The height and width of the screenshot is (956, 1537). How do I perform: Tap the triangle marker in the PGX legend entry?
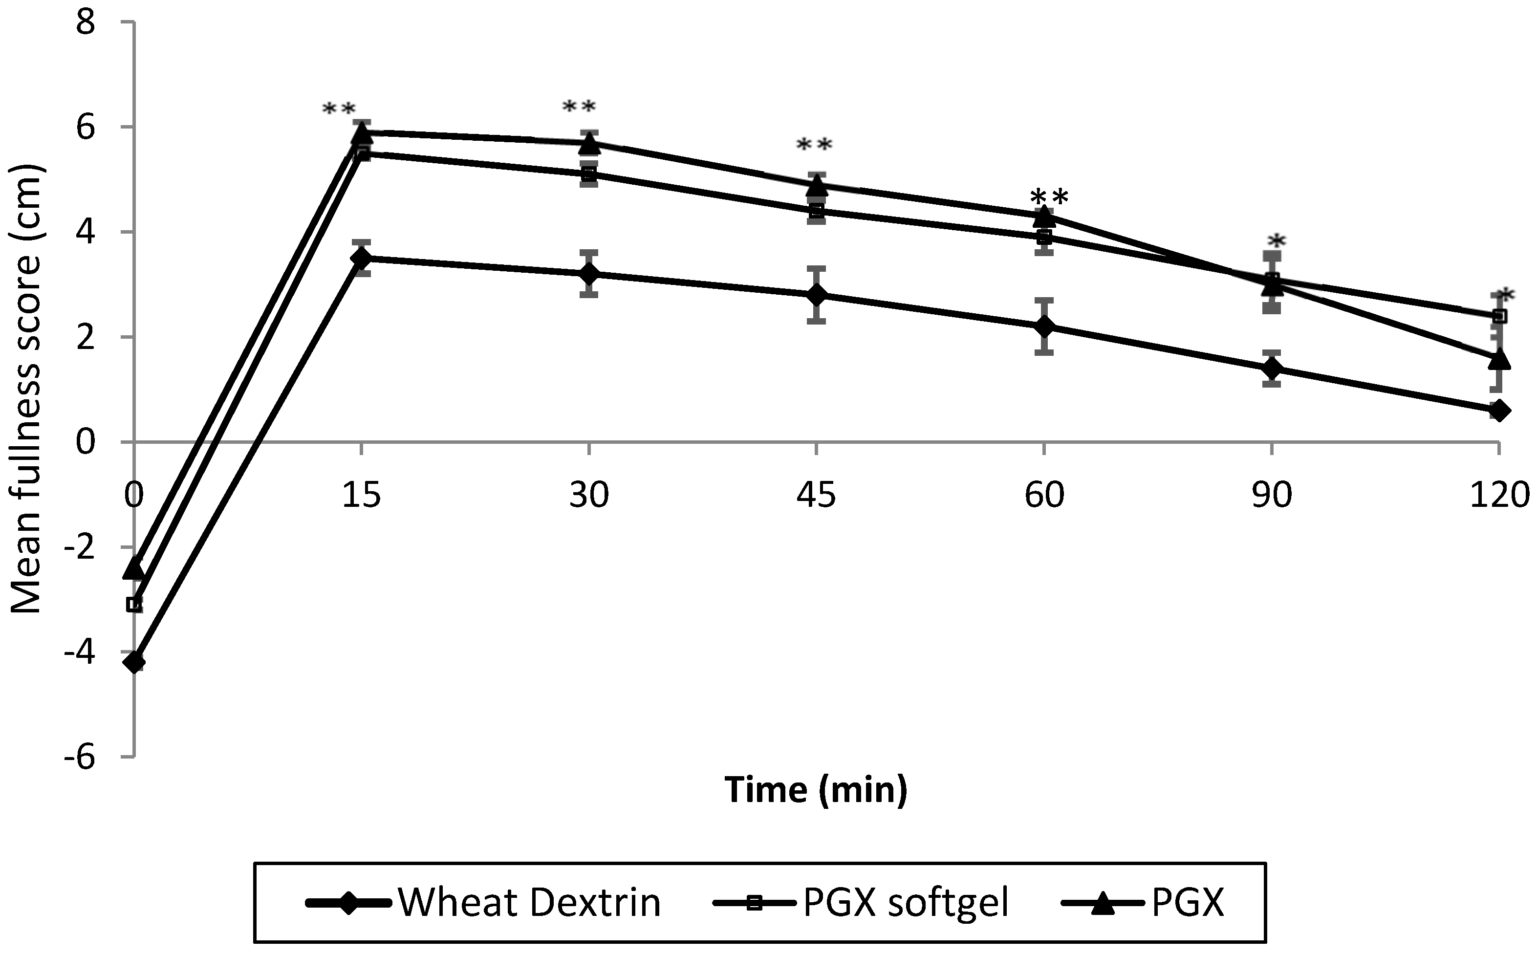[1104, 902]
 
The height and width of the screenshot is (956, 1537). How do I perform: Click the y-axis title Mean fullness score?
[26, 389]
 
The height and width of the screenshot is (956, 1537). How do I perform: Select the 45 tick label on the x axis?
[816, 495]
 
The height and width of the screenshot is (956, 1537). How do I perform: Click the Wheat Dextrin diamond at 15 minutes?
[362, 258]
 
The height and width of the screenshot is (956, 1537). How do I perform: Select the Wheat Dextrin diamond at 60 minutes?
[1044, 326]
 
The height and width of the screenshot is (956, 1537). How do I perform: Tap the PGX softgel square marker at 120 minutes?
[1499, 316]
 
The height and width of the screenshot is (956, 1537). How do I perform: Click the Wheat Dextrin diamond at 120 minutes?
[1499, 411]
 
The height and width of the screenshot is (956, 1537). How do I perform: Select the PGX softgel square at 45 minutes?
[817, 211]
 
